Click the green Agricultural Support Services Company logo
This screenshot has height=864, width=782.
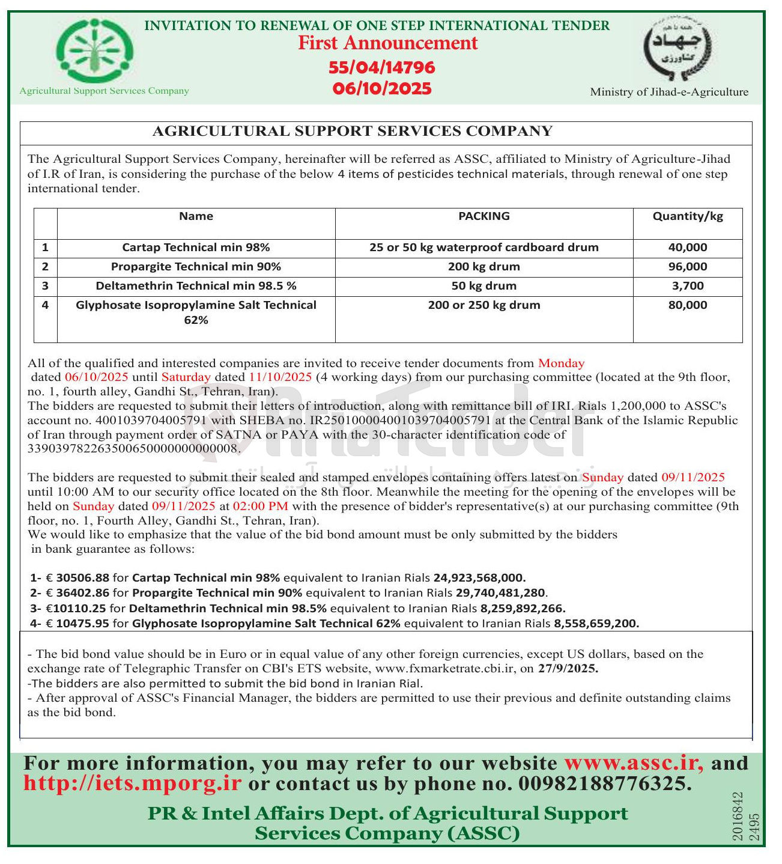95,50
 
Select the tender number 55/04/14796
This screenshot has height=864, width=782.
382,67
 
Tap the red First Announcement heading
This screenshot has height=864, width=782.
387,43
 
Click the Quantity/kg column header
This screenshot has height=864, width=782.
688,216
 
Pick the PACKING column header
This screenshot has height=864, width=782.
483,216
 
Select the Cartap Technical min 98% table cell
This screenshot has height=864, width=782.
196,248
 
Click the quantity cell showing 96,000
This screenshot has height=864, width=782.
688,267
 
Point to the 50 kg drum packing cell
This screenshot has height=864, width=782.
483,286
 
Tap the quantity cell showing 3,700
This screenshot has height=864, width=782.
688,286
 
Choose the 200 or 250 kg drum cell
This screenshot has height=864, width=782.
483,305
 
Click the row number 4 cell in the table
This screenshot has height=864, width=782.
45,305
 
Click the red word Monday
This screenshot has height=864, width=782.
561,363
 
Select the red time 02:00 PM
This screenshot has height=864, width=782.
260,506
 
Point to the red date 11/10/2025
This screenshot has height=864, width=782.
280,377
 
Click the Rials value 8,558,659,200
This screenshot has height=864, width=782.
596,624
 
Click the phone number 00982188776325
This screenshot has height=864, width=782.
604,783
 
